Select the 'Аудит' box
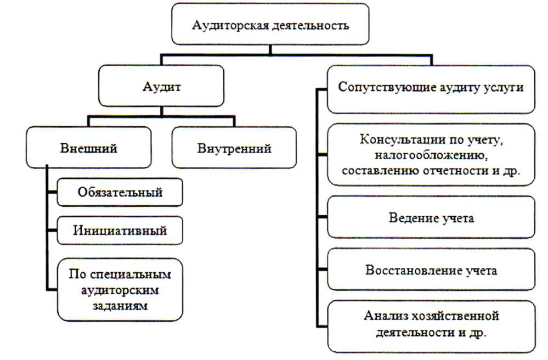point(160,87)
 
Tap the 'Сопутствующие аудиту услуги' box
point(431,88)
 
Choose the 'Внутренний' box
point(234,148)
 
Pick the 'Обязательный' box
point(120,192)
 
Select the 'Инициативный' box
point(120,230)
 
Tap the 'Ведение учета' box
point(431,218)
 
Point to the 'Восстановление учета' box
point(431,271)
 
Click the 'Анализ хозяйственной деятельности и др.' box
point(431,324)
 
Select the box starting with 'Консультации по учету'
point(431,153)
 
